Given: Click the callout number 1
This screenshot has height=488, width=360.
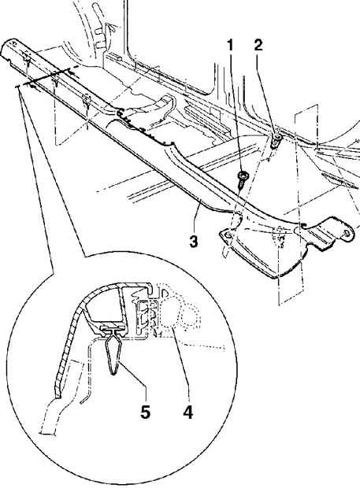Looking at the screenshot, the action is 230,46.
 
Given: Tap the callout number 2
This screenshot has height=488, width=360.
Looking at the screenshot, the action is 258,46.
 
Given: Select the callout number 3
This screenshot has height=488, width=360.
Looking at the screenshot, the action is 194,242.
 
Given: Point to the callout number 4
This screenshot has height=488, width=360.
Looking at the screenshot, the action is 187,412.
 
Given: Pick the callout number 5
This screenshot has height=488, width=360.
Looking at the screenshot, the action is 146,412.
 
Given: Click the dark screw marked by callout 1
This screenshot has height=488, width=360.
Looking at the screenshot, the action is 243,179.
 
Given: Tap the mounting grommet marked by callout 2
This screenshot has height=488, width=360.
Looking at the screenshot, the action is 276,139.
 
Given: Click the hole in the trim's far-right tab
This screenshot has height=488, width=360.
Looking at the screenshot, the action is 347,234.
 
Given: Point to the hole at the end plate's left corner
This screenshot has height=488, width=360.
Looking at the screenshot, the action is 228,235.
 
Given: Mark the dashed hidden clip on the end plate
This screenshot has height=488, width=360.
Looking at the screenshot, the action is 280,237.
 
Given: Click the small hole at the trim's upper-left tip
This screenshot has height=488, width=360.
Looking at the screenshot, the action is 13,42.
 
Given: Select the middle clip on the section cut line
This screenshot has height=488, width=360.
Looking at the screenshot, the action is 55,81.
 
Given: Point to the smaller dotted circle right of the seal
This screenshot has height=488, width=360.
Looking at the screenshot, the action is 191,316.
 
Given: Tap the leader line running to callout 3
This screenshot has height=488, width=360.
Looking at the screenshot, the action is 196,217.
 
